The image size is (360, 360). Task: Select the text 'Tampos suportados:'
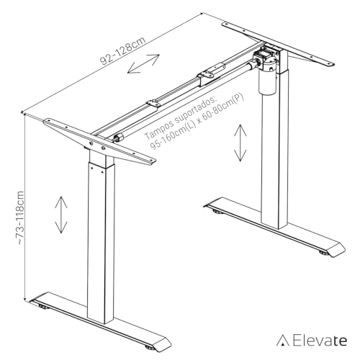pyautogui.click(x=179, y=117)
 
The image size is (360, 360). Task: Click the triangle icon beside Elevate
pyautogui.click(x=285, y=341)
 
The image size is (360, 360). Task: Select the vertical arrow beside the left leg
pyautogui.click(x=60, y=214)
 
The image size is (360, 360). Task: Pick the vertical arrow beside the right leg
pyautogui.click(x=238, y=143)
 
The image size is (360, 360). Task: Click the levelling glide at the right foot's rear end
pyautogui.click(x=215, y=212)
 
